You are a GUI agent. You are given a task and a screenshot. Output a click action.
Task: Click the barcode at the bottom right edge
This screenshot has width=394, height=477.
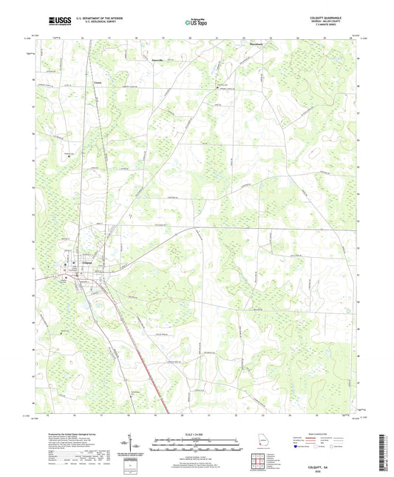(x=387, y=453)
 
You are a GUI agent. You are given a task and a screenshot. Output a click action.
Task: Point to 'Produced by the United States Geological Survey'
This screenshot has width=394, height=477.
(x=70, y=436)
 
